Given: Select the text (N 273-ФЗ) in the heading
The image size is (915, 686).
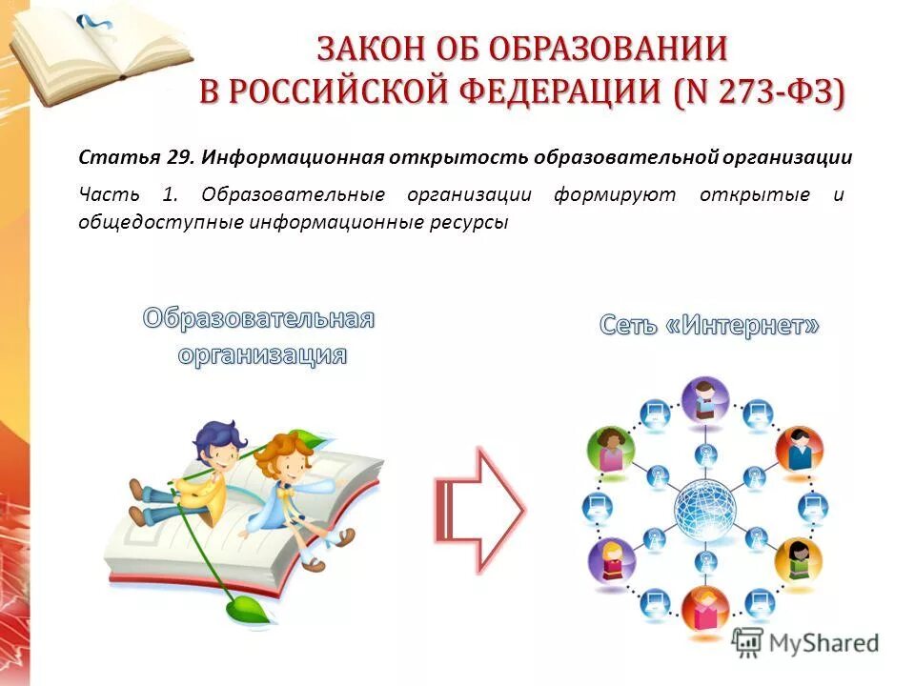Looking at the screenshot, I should [758, 92].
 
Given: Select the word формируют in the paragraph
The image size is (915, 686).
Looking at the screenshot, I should [614, 194].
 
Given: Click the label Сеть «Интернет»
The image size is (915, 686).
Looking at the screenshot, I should [709, 326].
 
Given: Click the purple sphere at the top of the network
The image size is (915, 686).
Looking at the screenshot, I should [705, 397].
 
